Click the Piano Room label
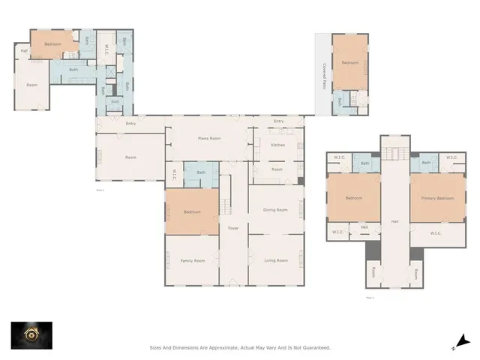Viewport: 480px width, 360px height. pyautogui.click(x=208, y=139)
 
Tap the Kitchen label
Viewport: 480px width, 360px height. pyautogui.click(x=277, y=145)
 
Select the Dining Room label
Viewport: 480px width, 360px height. pyautogui.click(x=275, y=210)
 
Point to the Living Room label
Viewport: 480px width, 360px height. pyautogui.click(x=275, y=260)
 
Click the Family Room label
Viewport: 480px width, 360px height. pyautogui.click(x=192, y=260)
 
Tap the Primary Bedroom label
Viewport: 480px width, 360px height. pyautogui.click(x=436, y=198)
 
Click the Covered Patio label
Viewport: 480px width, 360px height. pyautogui.click(x=324, y=76)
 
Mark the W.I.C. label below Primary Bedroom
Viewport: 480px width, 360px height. pyautogui.click(x=436, y=233)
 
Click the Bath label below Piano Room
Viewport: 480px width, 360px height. pyautogui.click(x=201, y=173)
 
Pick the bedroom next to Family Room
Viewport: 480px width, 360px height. pyautogui.click(x=191, y=212)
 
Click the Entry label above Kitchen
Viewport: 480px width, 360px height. pyautogui.click(x=278, y=121)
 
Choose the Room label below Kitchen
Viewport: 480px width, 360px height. pyautogui.click(x=277, y=169)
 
